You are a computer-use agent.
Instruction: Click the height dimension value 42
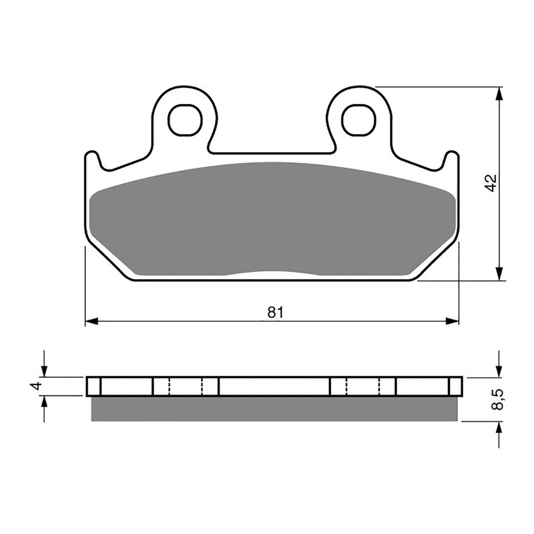491,184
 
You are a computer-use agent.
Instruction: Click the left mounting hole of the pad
185,120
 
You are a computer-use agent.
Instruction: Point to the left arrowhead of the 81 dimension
91,322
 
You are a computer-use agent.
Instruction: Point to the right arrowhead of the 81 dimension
454,322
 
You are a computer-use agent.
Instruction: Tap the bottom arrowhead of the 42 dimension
499,275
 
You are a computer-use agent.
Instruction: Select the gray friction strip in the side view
274,409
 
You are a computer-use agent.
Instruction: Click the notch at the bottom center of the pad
272,274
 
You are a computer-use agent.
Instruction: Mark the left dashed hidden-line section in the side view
186,386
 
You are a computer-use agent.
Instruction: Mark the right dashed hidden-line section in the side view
363,386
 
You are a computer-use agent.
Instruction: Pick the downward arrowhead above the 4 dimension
44,371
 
